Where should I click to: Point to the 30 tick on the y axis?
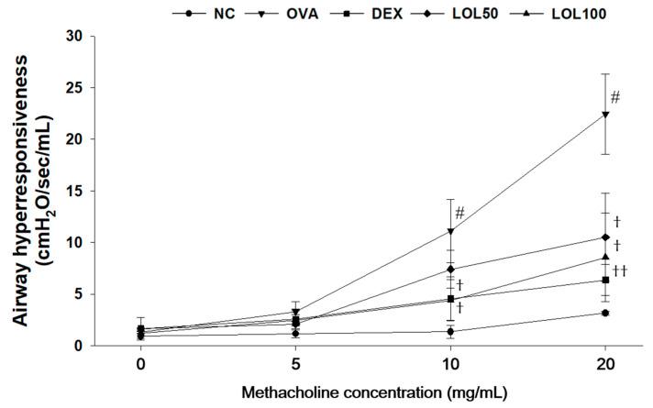pyautogui.click(x=90, y=36)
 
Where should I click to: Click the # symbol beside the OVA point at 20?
pyautogui.click(x=615, y=96)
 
